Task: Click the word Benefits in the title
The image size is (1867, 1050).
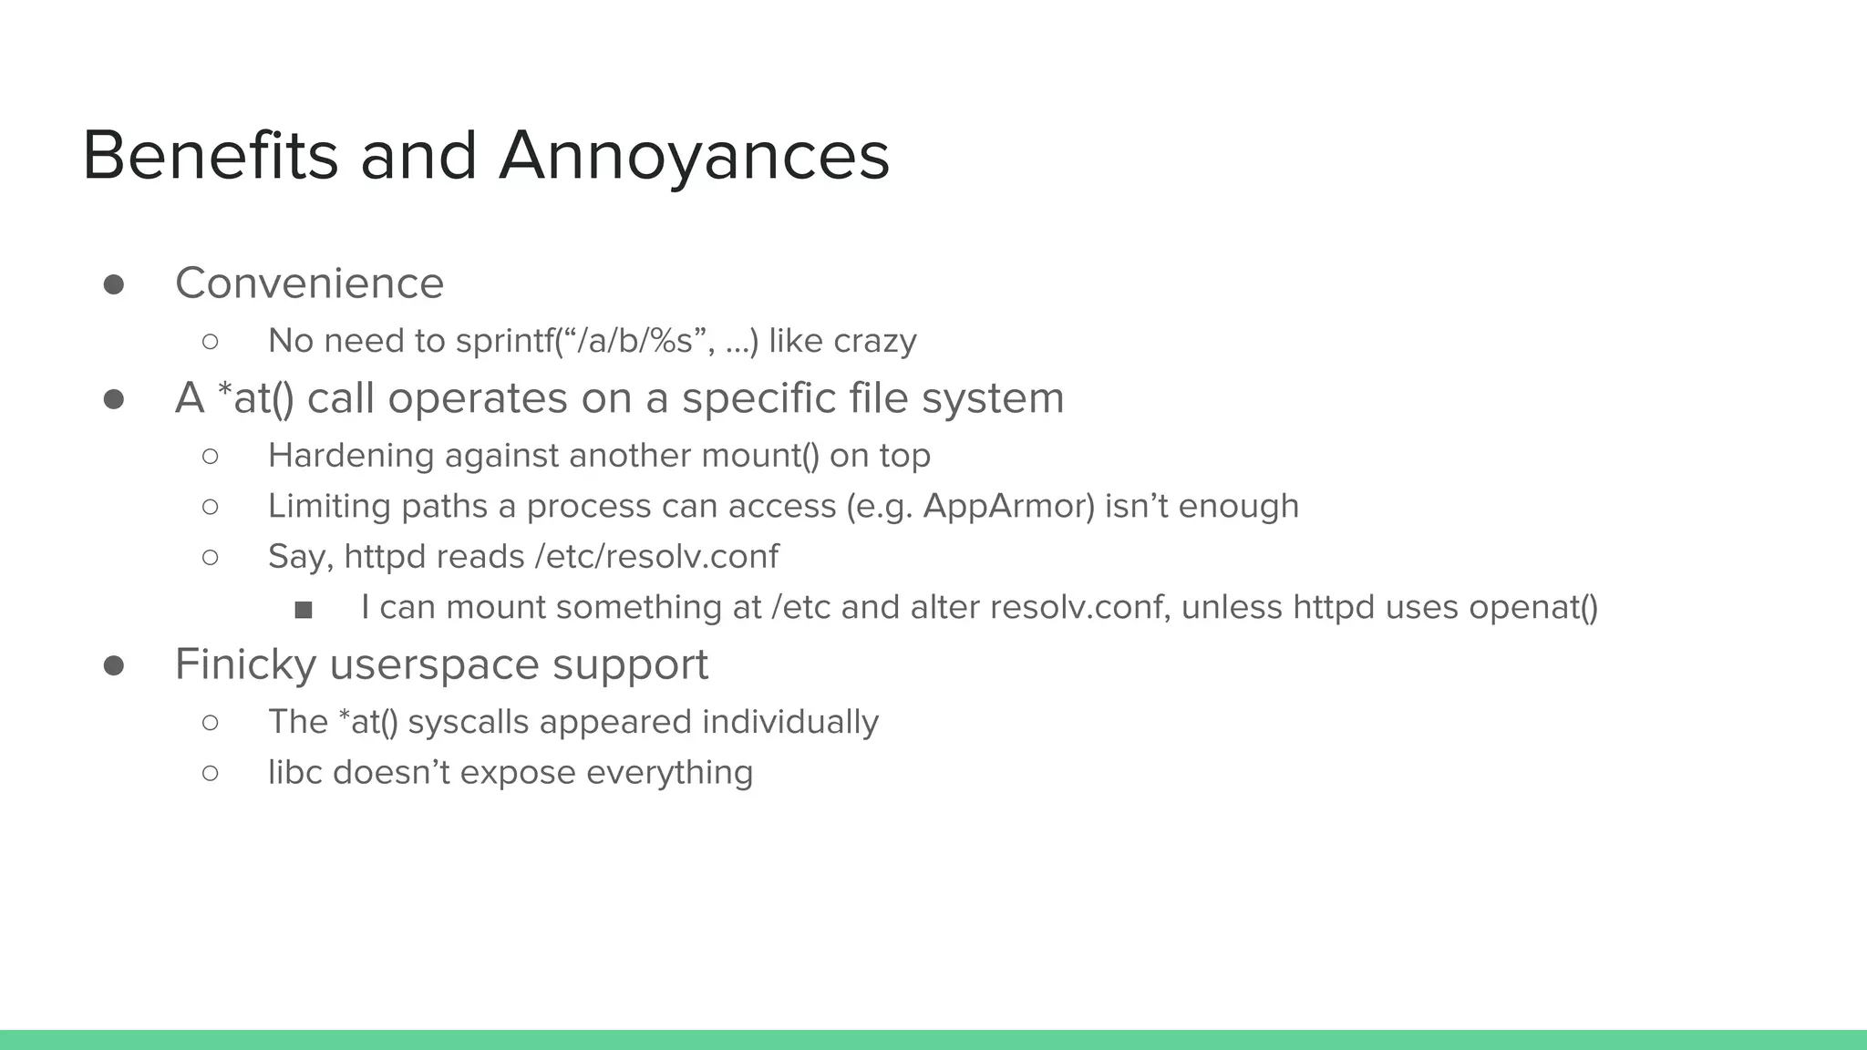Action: tap(210, 155)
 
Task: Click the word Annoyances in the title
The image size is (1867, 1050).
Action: tap(694, 157)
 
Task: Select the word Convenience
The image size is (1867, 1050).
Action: tap(309, 283)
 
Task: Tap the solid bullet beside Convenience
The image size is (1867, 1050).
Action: tap(114, 284)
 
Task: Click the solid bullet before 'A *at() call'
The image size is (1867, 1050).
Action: tap(114, 399)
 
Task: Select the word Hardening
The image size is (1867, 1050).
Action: tap(351, 456)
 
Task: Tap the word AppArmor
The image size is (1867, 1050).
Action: tap(1008, 506)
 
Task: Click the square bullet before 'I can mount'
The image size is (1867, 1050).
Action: tap(304, 609)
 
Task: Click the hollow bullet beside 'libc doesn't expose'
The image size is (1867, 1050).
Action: tap(210, 774)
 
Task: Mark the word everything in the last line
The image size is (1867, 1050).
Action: tap(669, 773)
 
